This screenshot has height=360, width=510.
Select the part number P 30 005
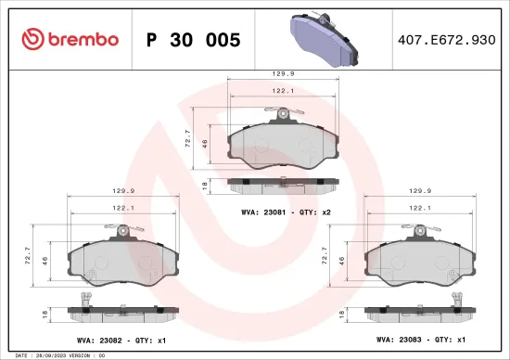point(194,40)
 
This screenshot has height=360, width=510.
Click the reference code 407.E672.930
point(445,40)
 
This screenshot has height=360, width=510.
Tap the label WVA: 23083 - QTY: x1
point(427,341)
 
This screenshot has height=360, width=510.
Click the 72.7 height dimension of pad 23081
point(190,139)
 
